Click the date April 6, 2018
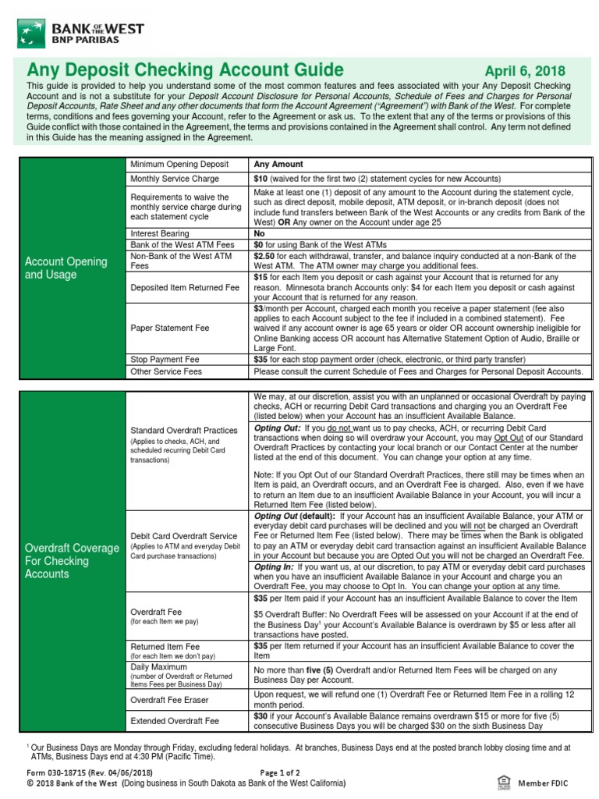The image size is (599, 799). pos(525,71)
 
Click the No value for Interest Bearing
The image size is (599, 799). pos(260,233)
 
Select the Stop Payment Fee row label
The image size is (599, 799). pos(165,360)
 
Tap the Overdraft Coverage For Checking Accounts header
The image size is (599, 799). pos(71,561)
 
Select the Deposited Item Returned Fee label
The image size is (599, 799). pos(185,287)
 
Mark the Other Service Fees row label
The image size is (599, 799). pos(166,371)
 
